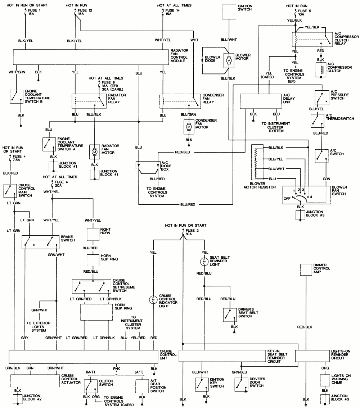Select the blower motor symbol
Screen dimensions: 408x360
(229, 60)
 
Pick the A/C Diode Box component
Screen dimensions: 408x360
(148, 165)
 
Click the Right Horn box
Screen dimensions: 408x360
(93, 234)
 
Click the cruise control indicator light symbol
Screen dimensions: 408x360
(153, 299)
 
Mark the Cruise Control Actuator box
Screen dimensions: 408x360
(35, 380)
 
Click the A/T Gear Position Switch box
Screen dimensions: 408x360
(142, 386)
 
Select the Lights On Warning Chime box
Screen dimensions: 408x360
(325, 380)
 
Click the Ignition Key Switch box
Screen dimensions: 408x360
(202, 384)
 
